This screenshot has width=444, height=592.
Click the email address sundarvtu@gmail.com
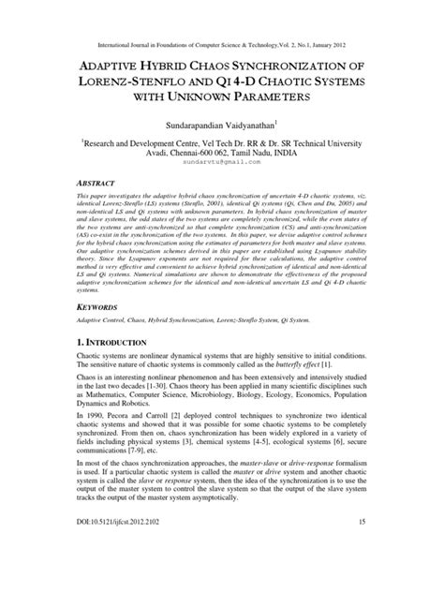pos(222,162)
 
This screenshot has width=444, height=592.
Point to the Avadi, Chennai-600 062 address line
pos(222,150)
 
